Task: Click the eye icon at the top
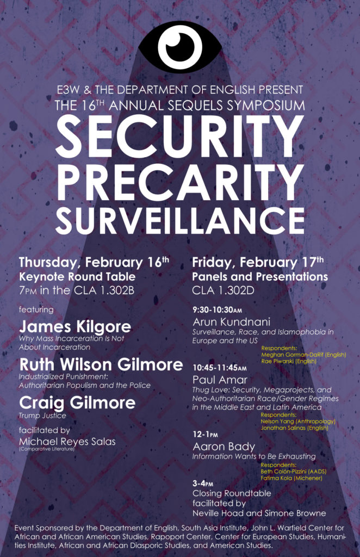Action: coord(180,47)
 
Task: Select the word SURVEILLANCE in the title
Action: coord(179,220)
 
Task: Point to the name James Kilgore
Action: coord(75,326)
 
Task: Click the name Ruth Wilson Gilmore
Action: coord(101,364)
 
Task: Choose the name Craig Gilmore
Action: coord(77,403)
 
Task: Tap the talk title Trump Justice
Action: coord(42,415)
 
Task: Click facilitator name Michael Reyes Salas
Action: coord(67,442)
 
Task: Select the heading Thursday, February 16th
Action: coord(94,262)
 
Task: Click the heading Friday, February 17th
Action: coord(258,262)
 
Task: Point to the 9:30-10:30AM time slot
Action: coord(218,310)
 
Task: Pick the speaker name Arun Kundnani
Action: coord(232,322)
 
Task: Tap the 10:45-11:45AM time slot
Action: coord(219,368)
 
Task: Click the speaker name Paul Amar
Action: coord(220,380)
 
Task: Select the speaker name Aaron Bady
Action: coord(224,446)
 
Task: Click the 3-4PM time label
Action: coord(203,484)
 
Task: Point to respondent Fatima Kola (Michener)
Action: coord(291,478)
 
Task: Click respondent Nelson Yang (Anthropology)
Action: coord(298,422)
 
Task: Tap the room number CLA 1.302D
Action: coord(224,290)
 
